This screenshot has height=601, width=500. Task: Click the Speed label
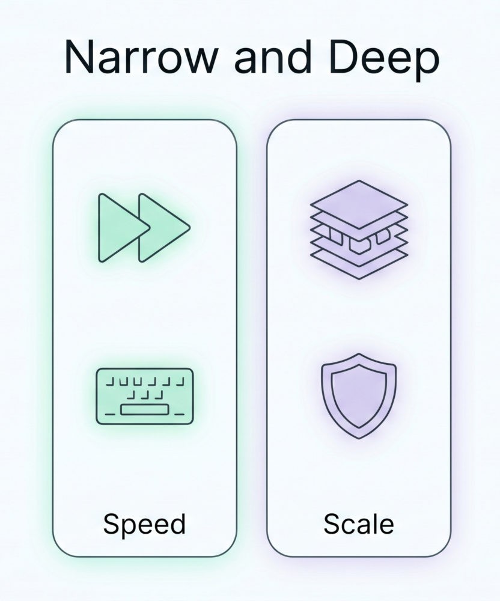pyautogui.click(x=144, y=524)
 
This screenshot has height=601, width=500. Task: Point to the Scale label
pyautogui.click(x=359, y=524)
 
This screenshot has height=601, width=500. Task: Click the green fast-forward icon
pyautogui.click(x=144, y=228)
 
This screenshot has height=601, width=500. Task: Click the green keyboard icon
pyautogui.click(x=144, y=396)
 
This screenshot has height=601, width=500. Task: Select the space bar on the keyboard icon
pyautogui.click(x=145, y=410)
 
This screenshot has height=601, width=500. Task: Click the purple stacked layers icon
pyautogui.click(x=359, y=230)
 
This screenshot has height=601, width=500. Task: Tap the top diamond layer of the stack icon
pyautogui.click(x=359, y=205)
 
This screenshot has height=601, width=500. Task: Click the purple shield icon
pyautogui.click(x=359, y=396)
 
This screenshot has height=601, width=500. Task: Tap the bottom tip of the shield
pyautogui.click(x=359, y=439)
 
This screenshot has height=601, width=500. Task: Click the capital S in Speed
pyautogui.click(x=112, y=524)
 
